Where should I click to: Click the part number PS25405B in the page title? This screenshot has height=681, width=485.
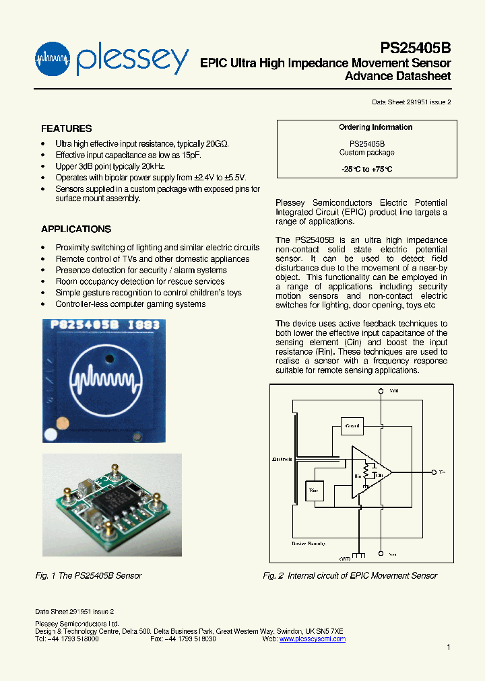(x=415, y=48)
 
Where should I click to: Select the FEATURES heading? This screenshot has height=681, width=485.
(x=66, y=129)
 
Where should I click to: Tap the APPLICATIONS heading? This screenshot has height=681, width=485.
(x=75, y=229)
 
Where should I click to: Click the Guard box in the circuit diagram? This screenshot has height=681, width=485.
(x=352, y=426)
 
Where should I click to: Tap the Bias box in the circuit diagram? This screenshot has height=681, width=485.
(x=314, y=491)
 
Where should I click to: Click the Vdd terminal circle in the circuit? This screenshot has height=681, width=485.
(x=381, y=392)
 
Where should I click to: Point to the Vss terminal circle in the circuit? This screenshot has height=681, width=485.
(x=381, y=554)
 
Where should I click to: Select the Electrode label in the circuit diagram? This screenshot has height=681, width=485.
(x=282, y=460)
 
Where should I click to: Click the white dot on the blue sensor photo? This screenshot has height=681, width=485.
(x=51, y=435)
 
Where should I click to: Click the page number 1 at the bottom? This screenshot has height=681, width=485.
(x=448, y=647)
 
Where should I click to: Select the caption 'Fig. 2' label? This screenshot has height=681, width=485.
(x=273, y=576)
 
